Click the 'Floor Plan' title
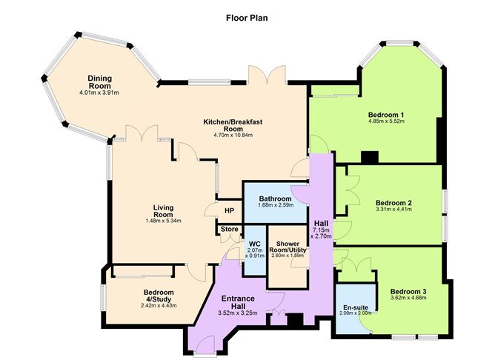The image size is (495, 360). pos(247,16)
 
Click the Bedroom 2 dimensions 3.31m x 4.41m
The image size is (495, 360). pos(393,210)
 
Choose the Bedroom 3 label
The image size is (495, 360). pos(408,290)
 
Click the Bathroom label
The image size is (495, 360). pos(274,199)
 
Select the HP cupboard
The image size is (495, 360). pos(229,210)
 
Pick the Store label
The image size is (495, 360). pos(229,230)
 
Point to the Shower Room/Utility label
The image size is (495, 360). pos(288,247)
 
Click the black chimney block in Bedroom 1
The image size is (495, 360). pos(369,157)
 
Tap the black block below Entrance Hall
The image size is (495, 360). pos(294,321)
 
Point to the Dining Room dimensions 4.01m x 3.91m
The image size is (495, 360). pos(99,93)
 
